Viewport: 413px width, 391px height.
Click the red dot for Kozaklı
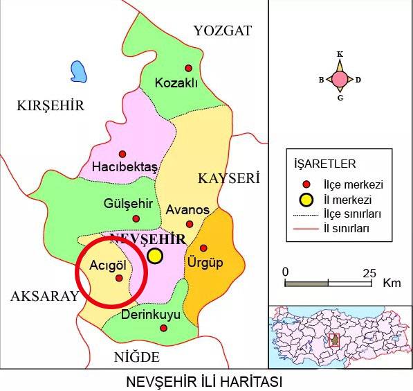(x=187, y=68)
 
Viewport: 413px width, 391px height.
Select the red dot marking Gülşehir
(x=136, y=218)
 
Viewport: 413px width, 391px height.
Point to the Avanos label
(x=187, y=209)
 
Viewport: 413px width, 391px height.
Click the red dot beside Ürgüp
(x=203, y=247)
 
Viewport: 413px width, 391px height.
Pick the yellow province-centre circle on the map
(x=155, y=256)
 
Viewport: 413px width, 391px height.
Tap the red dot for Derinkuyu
(x=163, y=327)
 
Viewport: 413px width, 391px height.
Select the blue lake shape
(x=80, y=71)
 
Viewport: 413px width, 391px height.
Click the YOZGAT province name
(x=223, y=31)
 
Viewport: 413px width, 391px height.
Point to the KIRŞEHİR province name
(x=50, y=106)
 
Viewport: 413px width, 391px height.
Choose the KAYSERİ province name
(x=228, y=179)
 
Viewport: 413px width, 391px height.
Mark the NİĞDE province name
(x=137, y=358)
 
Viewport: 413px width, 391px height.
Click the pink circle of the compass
(x=340, y=79)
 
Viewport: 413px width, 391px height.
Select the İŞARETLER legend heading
(x=325, y=164)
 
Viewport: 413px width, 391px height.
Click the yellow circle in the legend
(x=306, y=200)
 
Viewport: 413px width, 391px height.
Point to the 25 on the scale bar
(x=369, y=272)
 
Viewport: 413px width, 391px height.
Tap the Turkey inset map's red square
(x=335, y=340)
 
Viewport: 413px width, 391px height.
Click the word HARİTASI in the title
(x=248, y=382)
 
